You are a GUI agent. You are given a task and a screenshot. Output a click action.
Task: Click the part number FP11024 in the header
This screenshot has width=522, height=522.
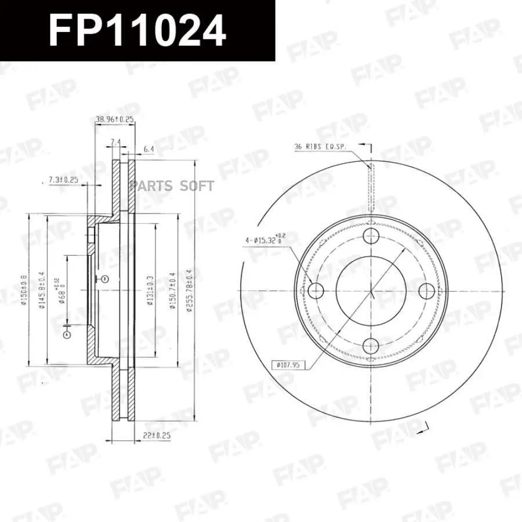click(137, 30)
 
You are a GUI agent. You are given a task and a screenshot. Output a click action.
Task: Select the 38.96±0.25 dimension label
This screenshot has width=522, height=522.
click(115, 119)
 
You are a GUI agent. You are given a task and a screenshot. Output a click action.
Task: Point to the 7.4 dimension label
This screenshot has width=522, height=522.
click(115, 142)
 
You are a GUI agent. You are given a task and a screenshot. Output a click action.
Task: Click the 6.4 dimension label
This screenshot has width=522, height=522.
click(148, 149)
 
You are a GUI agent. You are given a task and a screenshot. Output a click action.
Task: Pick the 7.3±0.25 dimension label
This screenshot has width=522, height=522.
click(63, 180)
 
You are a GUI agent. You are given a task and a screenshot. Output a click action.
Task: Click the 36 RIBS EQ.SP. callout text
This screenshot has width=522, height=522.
click(320, 147)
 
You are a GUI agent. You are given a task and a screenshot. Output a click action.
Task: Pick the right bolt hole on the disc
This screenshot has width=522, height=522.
click(426, 290)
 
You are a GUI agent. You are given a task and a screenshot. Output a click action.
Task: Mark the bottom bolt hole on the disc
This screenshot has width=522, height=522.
click(371, 346)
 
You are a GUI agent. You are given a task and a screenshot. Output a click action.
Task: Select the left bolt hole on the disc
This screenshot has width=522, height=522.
click(316, 290)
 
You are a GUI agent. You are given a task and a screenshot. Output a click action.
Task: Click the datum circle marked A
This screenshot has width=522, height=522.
click(67, 335)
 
